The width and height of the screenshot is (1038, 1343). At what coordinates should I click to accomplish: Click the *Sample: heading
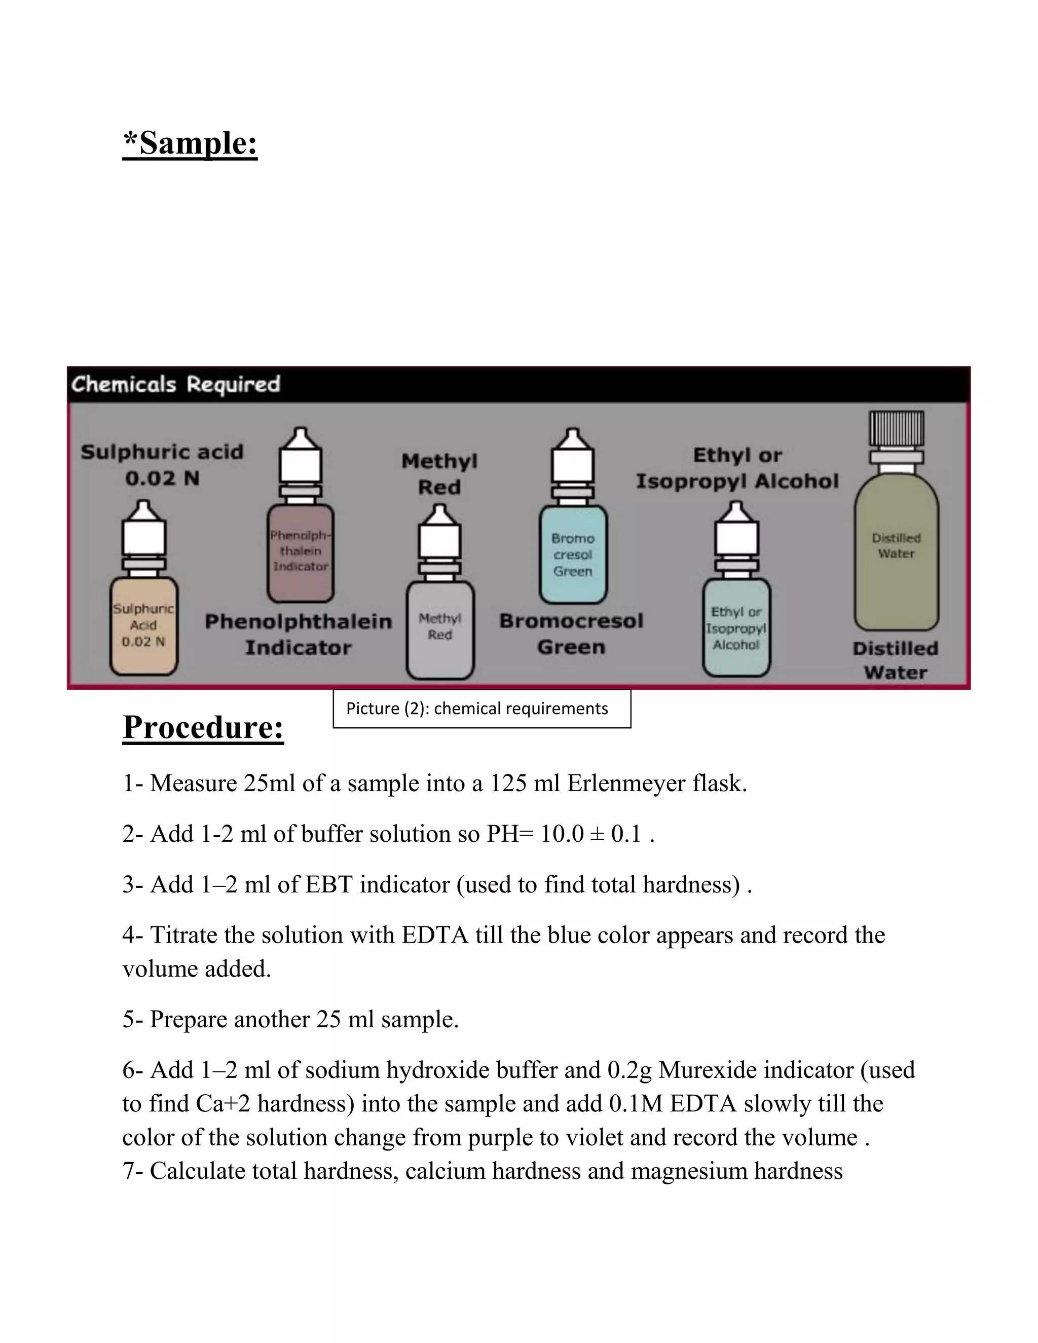click(190, 143)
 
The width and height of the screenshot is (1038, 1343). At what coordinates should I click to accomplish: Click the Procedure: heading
click(203, 727)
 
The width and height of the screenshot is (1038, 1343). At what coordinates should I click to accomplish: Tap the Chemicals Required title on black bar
click(175, 384)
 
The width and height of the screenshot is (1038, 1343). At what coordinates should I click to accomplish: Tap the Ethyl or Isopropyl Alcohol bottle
click(736, 628)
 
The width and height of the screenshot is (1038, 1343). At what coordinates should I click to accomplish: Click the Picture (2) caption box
click(481, 709)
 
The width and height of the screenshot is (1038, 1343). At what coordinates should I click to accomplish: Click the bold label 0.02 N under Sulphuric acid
click(162, 478)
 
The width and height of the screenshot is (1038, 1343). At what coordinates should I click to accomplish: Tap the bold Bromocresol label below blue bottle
click(571, 621)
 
